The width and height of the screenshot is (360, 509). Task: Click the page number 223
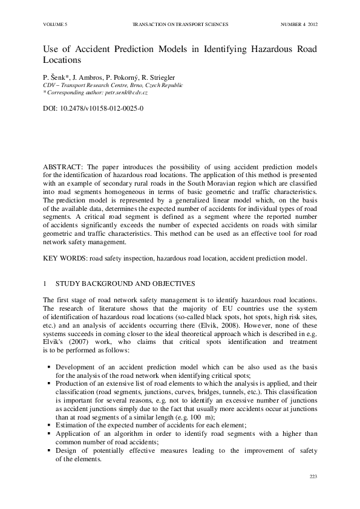coord(313,478)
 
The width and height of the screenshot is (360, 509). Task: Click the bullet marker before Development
coord(48,367)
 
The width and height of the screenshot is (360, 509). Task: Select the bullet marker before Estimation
coord(48,425)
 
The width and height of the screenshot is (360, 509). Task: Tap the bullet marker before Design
coord(48,450)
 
